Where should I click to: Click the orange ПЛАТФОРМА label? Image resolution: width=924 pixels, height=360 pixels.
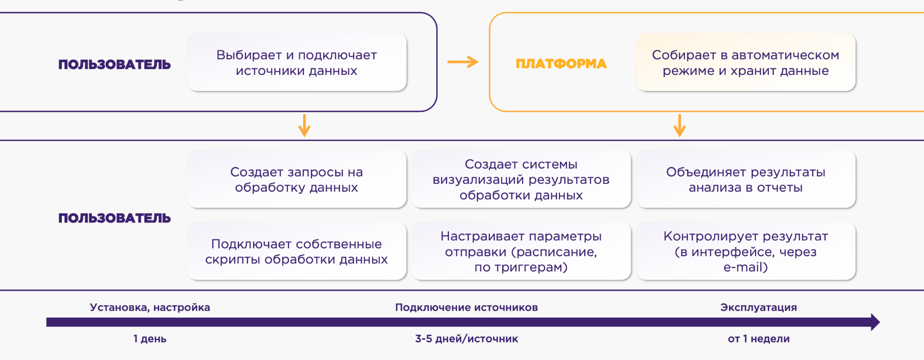tap(561, 64)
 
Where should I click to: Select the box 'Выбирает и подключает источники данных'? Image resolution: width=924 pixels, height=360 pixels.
tap(296, 62)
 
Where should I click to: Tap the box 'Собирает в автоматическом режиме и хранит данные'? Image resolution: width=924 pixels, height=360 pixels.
tap(745, 62)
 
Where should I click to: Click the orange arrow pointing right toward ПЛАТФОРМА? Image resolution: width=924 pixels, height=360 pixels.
tap(463, 62)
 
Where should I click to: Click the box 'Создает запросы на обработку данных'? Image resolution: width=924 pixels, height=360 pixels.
tap(296, 179)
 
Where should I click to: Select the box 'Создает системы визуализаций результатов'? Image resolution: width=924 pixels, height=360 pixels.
tap(521, 179)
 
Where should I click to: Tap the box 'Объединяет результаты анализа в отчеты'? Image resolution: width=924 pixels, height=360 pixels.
tap(745, 179)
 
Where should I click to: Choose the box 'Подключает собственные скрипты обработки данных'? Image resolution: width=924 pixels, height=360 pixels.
tap(296, 251)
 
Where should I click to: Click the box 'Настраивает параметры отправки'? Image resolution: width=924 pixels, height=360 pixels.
tap(521, 251)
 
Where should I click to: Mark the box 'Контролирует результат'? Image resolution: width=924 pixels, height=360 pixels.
tap(745, 251)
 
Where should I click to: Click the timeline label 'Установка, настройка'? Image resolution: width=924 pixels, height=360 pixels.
tap(150, 307)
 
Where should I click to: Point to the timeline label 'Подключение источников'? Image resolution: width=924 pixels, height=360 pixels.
tap(467, 307)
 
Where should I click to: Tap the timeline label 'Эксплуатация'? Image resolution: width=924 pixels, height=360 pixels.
tap(758, 307)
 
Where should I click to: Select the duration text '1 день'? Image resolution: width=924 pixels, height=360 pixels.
tap(150, 339)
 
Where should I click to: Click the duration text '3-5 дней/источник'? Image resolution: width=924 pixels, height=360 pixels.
tap(467, 339)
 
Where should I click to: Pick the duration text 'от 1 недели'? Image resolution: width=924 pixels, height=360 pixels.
tap(758, 339)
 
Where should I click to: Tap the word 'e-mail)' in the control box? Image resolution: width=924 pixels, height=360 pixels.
tap(745, 267)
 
